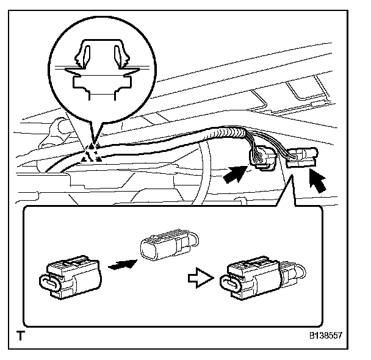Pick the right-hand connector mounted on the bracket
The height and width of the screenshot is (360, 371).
[x=301, y=157]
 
